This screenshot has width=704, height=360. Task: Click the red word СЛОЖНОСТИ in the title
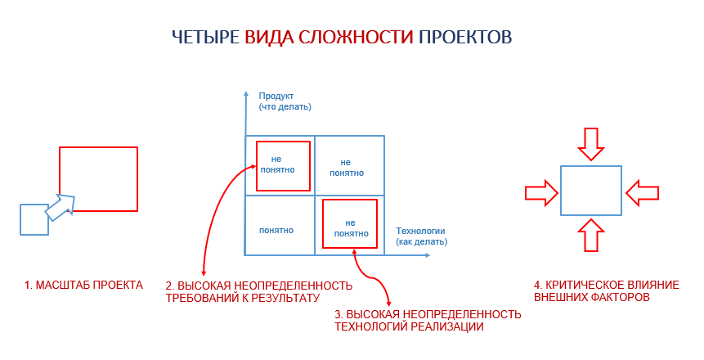pos(356,37)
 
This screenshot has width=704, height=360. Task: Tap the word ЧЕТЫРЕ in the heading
pos(206,37)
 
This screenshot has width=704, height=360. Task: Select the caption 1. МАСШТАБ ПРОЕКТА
pos(83,285)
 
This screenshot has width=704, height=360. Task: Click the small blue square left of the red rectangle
pos(34,220)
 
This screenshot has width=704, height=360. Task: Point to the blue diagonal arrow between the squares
pos(61,207)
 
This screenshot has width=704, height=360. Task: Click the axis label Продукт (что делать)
pos(285,101)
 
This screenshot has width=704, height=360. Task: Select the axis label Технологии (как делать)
pos(421,236)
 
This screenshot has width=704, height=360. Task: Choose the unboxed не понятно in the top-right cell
pos(347,168)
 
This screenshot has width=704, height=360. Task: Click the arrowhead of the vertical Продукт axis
pos(245,93)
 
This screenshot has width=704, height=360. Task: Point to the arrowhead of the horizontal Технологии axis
pos(427,255)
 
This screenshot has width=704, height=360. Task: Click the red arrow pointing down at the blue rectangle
pos(591,144)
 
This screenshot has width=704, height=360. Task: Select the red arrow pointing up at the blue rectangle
pos(591,235)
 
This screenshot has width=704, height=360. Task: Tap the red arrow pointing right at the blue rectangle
pos(541,193)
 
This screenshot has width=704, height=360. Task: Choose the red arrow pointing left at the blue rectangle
pos(642,193)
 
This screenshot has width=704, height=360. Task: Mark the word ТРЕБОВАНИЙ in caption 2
pos(203,298)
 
